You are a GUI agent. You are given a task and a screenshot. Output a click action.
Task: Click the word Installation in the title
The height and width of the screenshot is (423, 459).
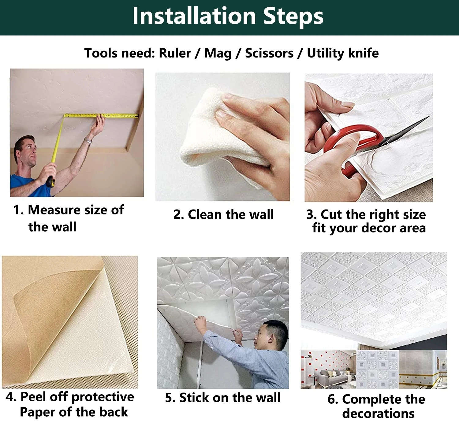194,16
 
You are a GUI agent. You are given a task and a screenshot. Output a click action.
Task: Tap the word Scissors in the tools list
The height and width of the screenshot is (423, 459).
269,53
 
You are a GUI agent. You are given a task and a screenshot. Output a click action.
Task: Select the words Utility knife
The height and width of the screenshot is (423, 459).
343,53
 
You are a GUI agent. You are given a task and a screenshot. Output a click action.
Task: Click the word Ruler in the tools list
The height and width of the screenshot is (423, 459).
175,53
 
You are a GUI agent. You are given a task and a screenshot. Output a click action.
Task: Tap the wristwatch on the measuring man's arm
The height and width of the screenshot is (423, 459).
88,141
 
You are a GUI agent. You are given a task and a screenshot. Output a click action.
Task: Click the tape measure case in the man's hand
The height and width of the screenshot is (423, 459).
50,182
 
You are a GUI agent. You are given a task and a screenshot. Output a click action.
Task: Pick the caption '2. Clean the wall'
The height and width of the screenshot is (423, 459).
223,215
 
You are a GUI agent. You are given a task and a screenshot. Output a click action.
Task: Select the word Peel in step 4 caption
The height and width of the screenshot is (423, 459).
33,397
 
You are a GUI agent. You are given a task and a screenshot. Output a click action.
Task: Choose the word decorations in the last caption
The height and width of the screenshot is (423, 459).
378,414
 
